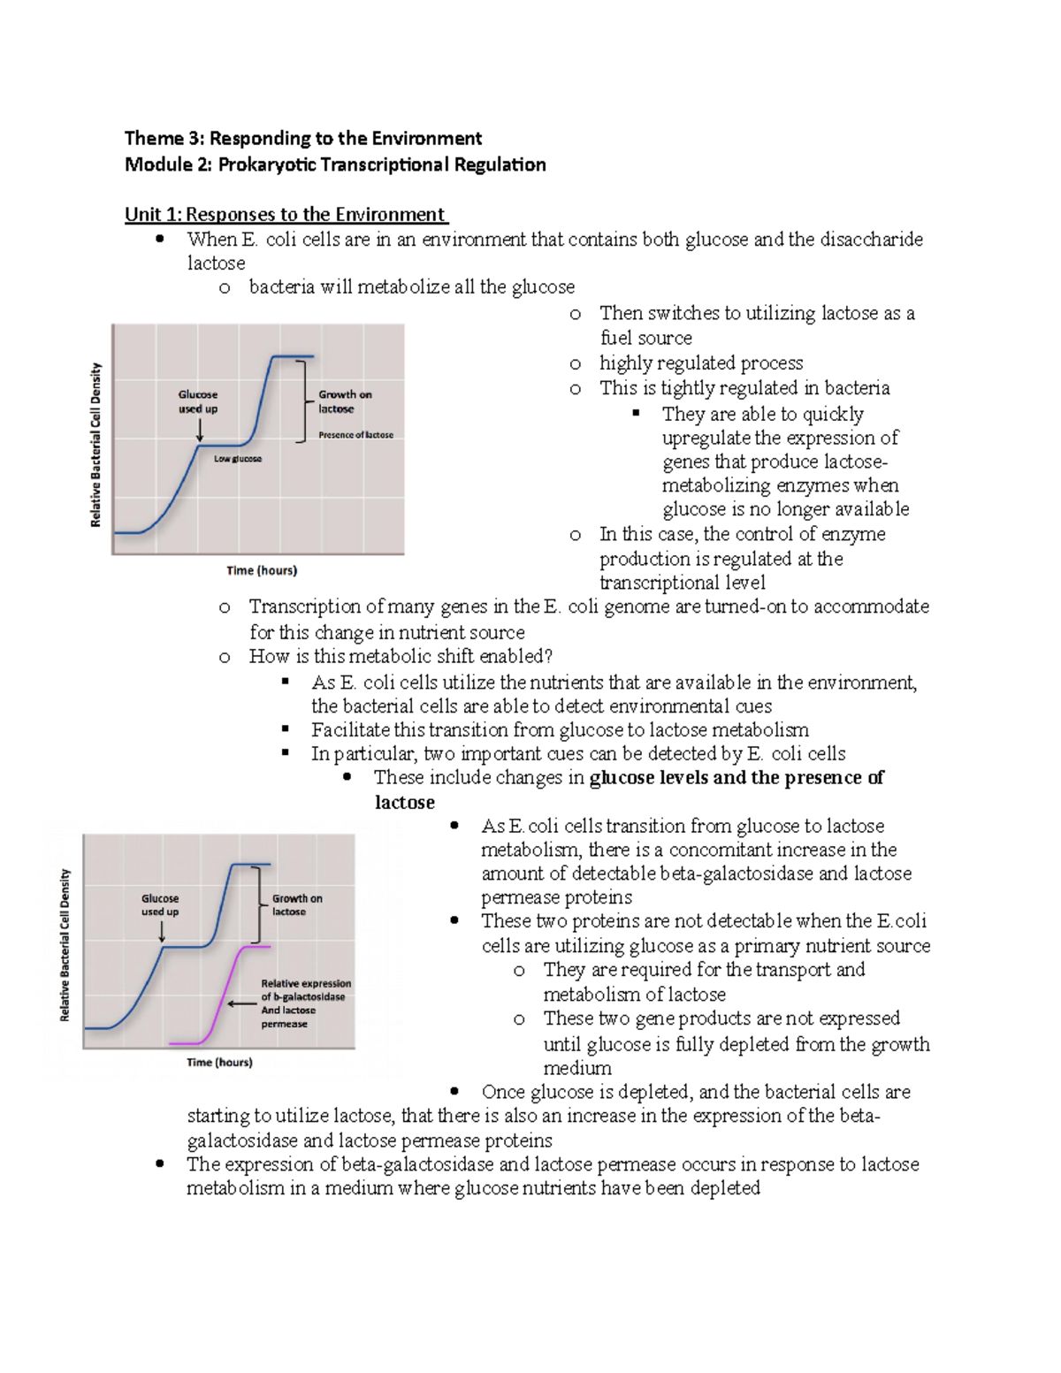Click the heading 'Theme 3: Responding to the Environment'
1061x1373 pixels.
[x=302, y=138]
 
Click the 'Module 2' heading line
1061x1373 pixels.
[x=334, y=164]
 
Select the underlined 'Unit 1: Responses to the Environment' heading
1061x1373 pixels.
[x=286, y=214]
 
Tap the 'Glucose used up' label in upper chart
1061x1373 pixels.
[x=198, y=401]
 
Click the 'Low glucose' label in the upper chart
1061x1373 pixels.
[x=237, y=459]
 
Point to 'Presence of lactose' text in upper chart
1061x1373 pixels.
[x=355, y=435]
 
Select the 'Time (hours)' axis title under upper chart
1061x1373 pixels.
[x=262, y=570]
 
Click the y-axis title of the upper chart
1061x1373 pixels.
[x=96, y=445]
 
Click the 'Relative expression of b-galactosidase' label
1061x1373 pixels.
[x=305, y=990]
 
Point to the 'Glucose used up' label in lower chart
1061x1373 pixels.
[x=160, y=904]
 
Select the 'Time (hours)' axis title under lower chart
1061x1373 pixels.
[x=219, y=1062]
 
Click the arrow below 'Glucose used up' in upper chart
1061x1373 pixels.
[x=200, y=430]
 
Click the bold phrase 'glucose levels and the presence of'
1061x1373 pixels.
[x=736, y=778]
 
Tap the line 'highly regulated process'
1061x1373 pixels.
[x=700, y=362]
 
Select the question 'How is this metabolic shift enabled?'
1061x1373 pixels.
[x=400, y=656]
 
